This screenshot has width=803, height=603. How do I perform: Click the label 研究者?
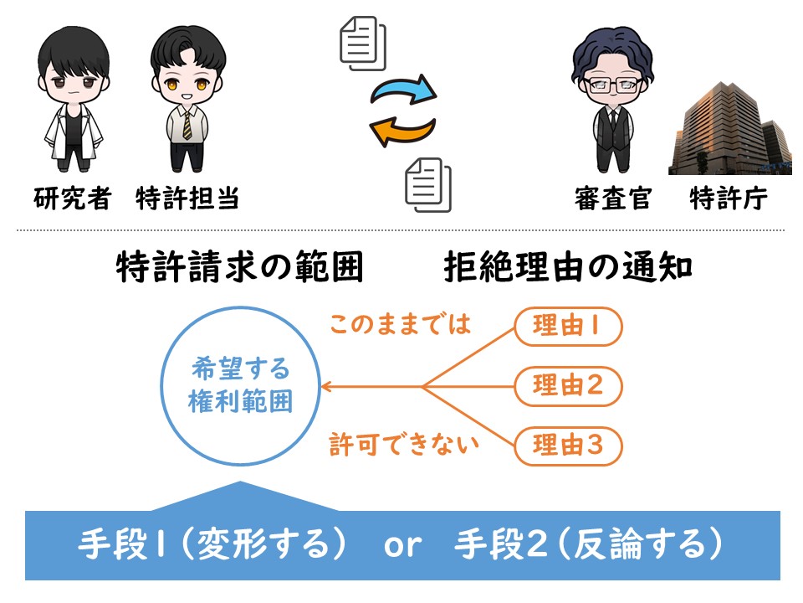pos(72,198)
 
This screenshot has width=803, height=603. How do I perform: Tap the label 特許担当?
pos(187,198)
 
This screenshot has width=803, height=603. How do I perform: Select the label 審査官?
pos(613,198)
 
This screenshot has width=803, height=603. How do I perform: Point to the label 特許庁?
pos(729,198)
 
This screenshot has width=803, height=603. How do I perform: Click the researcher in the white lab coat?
pos(74,99)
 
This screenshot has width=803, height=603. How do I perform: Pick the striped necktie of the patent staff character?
pos(187,125)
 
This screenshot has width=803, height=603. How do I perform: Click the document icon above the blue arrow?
pos(363,44)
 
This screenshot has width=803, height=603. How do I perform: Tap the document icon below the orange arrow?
pos(428,185)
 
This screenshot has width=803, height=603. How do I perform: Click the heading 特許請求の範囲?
pos(240,266)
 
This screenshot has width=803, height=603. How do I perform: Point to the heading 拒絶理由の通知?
pos(568,266)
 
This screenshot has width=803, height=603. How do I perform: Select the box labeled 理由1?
pos(568,327)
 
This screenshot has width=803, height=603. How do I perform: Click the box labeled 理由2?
pos(568,386)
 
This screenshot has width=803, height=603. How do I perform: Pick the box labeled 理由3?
pos(568,446)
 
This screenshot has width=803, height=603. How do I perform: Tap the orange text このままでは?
pos(400,324)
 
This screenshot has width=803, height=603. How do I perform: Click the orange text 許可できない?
pos(403,445)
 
